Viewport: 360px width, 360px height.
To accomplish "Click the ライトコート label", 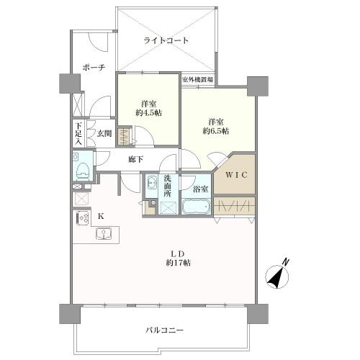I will [166, 41].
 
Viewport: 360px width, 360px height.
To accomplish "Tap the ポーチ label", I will [94, 67].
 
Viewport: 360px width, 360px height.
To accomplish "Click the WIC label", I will [235, 174].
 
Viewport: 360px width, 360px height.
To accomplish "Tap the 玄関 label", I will [104, 133].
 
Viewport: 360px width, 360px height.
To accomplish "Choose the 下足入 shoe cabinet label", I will [77, 133].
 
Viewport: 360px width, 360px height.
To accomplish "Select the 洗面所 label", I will [167, 186].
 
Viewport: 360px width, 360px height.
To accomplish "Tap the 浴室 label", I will [201, 189].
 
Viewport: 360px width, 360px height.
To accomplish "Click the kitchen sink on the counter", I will [102, 233].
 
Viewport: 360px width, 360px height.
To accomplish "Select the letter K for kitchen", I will [101, 216].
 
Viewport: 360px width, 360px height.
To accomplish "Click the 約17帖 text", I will [178, 263].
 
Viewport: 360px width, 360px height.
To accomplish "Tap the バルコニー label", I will [165, 330].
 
